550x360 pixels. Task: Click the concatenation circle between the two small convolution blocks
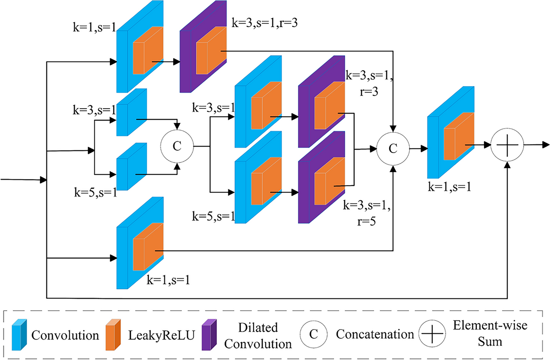pyautogui.click(x=177, y=146)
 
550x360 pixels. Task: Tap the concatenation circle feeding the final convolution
pyautogui.click(x=393, y=148)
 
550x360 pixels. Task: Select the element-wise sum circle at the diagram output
pyautogui.click(x=507, y=145)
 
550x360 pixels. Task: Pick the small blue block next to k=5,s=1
pyautogui.click(x=131, y=167)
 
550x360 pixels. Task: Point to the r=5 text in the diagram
pyautogui.click(x=366, y=221)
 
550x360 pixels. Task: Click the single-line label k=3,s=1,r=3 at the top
pyautogui.click(x=265, y=23)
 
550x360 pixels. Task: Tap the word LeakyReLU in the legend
pyautogui.click(x=161, y=335)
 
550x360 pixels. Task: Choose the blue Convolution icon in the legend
pyautogui.click(x=19, y=335)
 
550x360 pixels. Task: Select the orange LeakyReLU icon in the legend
pyautogui.click(x=113, y=335)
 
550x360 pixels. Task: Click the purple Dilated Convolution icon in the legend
pyautogui.click(x=209, y=335)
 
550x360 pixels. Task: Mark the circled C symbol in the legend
pyautogui.click(x=313, y=334)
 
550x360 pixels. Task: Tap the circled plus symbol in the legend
pyautogui.click(x=432, y=334)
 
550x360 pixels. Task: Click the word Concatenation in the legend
pyautogui.click(x=375, y=334)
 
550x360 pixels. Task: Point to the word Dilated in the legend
pyautogui.click(x=258, y=327)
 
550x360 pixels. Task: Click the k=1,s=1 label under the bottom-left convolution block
pyautogui.click(x=168, y=280)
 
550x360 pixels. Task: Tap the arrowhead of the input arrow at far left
pyautogui.click(x=43, y=180)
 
